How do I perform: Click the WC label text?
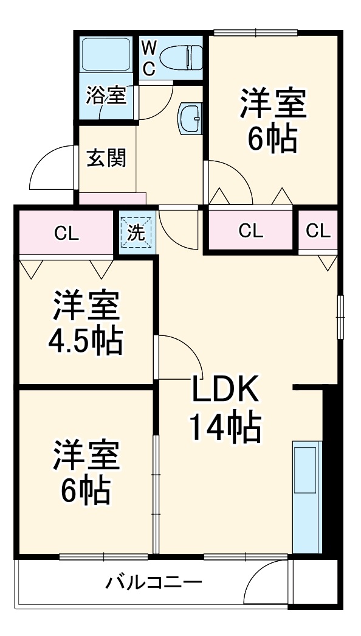tap(149, 58)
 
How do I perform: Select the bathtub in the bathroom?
tap(106, 56)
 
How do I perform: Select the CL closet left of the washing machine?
tap(66, 232)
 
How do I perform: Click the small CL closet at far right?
tap(318, 230)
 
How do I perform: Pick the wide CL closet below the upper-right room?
tap(250, 230)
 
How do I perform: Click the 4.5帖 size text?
tap(86, 343)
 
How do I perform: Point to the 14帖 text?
tap(225, 427)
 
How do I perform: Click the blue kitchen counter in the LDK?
tap(306, 496)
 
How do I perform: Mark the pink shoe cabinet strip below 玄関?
tap(112, 198)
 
